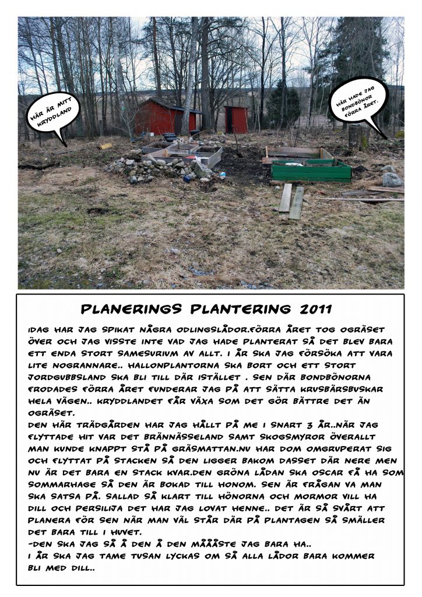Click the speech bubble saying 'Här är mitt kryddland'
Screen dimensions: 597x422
coord(52,114)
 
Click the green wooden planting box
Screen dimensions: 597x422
coord(311,170)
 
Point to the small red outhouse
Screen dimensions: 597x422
coord(237,119)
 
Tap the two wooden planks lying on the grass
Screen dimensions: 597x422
coord(291,201)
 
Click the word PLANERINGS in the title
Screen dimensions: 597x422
coord(131,308)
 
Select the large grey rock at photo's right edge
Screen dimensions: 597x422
coord(392,180)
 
